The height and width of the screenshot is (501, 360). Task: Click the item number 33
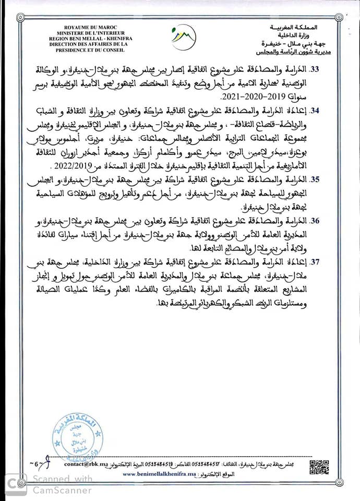click(x=332, y=69)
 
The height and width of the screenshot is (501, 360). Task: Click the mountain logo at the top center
click(x=184, y=37)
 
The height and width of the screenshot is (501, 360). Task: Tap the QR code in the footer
click(x=319, y=467)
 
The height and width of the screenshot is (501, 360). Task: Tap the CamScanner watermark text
click(x=62, y=485)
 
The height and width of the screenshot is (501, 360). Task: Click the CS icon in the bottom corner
click(x=16, y=484)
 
